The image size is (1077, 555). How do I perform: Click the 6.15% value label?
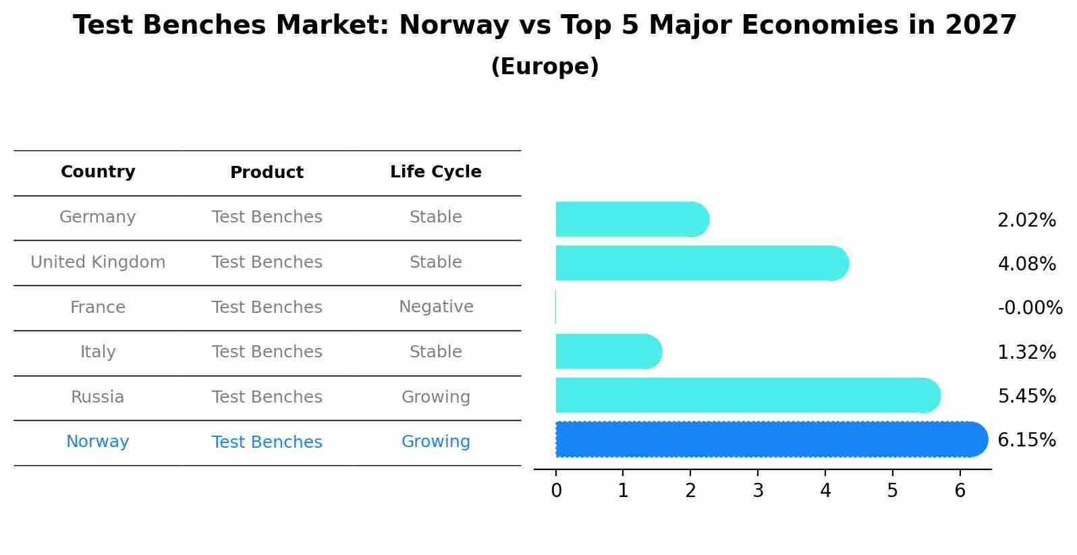1026,440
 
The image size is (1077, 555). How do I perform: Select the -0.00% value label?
1030,308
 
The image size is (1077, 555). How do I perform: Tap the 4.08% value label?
1026,264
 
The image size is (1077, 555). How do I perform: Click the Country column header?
98,172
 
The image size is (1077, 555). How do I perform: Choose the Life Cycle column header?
435,172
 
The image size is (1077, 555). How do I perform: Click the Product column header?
267,173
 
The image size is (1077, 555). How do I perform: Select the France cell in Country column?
98,308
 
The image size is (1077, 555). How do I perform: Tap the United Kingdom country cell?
98,262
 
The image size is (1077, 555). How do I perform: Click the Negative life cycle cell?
435,307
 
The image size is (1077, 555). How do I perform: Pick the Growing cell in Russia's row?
435,397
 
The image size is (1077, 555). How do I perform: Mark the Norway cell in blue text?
98,442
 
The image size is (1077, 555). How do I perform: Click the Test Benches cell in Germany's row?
267,217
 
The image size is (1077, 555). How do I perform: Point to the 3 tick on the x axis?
758,491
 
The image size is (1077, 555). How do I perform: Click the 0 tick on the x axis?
556,491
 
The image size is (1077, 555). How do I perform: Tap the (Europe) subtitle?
545,67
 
